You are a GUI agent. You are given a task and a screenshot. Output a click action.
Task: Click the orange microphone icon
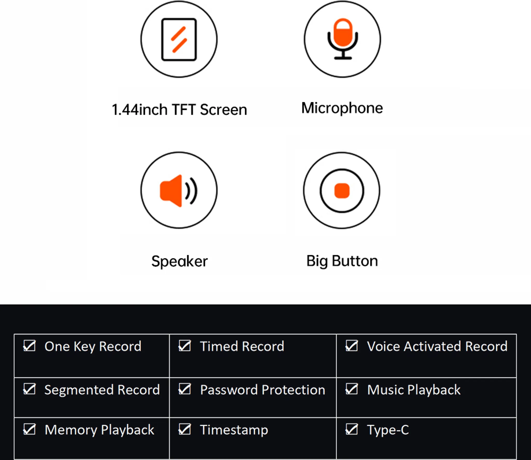point(343,39)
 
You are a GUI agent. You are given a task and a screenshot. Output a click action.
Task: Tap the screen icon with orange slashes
point(179,39)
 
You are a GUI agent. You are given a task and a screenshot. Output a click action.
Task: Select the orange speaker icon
point(179,191)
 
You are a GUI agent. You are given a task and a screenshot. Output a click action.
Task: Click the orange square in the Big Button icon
point(342,191)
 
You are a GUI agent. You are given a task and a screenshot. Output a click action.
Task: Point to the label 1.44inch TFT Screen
point(179,110)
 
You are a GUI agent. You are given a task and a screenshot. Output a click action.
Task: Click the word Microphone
point(342,108)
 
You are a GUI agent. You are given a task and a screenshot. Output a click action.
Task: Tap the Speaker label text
point(179,261)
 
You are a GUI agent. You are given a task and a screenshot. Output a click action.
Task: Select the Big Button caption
point(342,261)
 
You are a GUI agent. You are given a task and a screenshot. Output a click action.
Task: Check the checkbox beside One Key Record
point(29,346)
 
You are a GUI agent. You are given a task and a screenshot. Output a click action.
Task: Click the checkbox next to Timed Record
point(185,346)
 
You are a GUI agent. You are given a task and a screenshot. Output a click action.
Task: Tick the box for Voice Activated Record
point(352,346)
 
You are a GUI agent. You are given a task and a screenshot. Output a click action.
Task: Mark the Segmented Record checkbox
point(29,389)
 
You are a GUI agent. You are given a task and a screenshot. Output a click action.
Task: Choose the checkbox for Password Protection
point(185,389)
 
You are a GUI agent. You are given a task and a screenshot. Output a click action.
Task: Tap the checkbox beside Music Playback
point(352,389)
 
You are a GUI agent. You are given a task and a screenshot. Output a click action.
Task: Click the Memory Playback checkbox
point(29,429)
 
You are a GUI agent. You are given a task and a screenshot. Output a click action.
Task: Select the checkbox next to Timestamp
point(185,429)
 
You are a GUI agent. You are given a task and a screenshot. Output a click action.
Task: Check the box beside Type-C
point(352,429)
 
